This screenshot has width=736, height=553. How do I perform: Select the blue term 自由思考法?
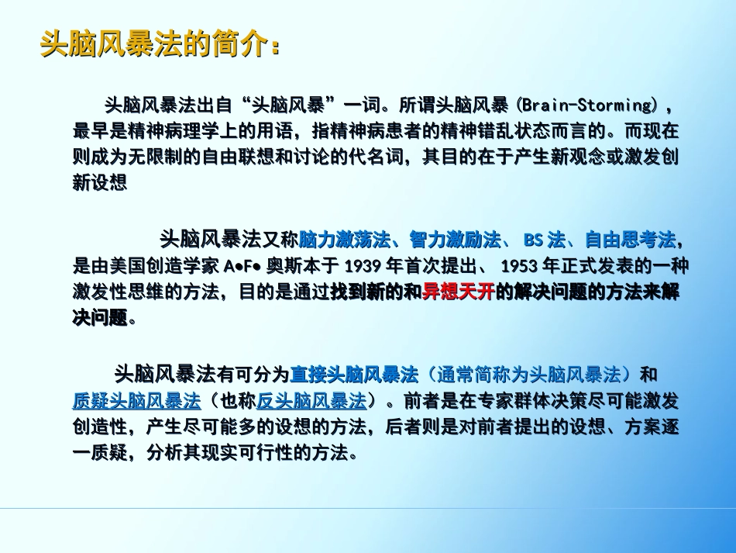(629, 239)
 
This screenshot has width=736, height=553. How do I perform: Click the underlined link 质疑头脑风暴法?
(136, 402)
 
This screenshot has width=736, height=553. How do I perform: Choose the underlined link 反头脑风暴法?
(311, 402)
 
